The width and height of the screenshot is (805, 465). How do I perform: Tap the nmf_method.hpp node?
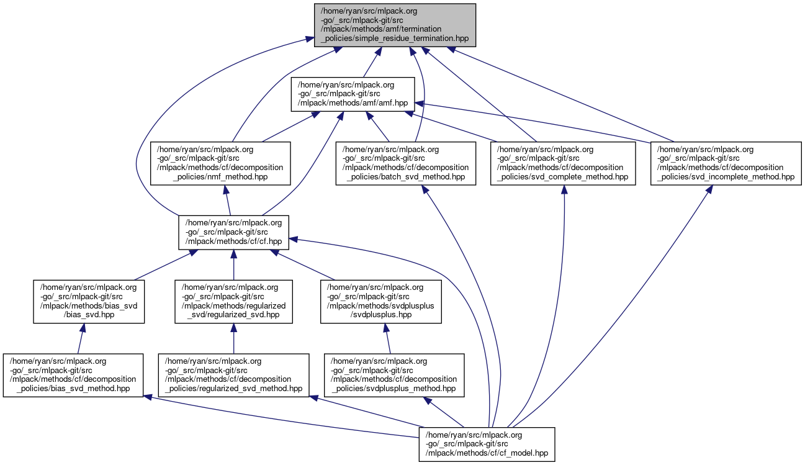221,163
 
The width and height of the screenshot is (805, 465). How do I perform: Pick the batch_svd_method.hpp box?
407,163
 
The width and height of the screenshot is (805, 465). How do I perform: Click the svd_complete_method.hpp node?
564,163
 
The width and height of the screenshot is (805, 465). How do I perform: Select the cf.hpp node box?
233,233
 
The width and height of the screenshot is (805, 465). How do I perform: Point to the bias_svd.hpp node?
89,302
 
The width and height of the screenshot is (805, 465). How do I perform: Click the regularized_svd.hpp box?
233,302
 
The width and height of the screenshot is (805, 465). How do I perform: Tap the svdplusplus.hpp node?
380,302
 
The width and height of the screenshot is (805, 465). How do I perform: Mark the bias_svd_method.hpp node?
73,375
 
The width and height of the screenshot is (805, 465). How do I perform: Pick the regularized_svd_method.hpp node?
233,375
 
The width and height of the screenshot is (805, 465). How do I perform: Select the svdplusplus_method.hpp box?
394,375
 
